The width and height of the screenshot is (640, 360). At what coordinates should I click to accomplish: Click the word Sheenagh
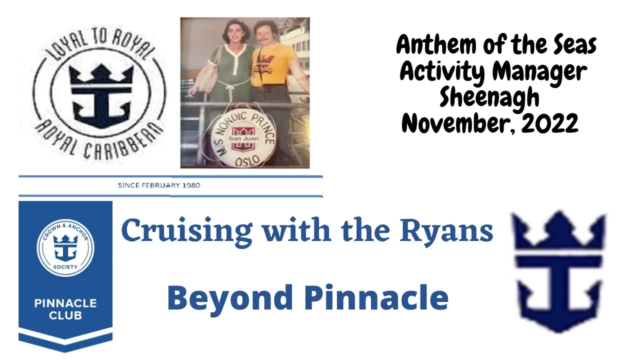(x=489, y=97)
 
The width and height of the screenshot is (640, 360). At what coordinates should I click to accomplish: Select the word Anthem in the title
(x=437, y=44)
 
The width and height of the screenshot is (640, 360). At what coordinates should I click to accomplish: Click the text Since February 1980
(x=159, y=185)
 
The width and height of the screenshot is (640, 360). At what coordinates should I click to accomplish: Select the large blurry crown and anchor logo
(x=559, y=272)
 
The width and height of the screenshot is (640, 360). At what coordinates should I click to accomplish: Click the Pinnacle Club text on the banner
(x=65, y=309)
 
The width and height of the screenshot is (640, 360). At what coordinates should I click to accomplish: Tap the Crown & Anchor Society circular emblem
(x=65, y=248)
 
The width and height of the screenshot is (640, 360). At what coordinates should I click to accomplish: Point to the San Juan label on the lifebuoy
(x=243, y=138)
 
